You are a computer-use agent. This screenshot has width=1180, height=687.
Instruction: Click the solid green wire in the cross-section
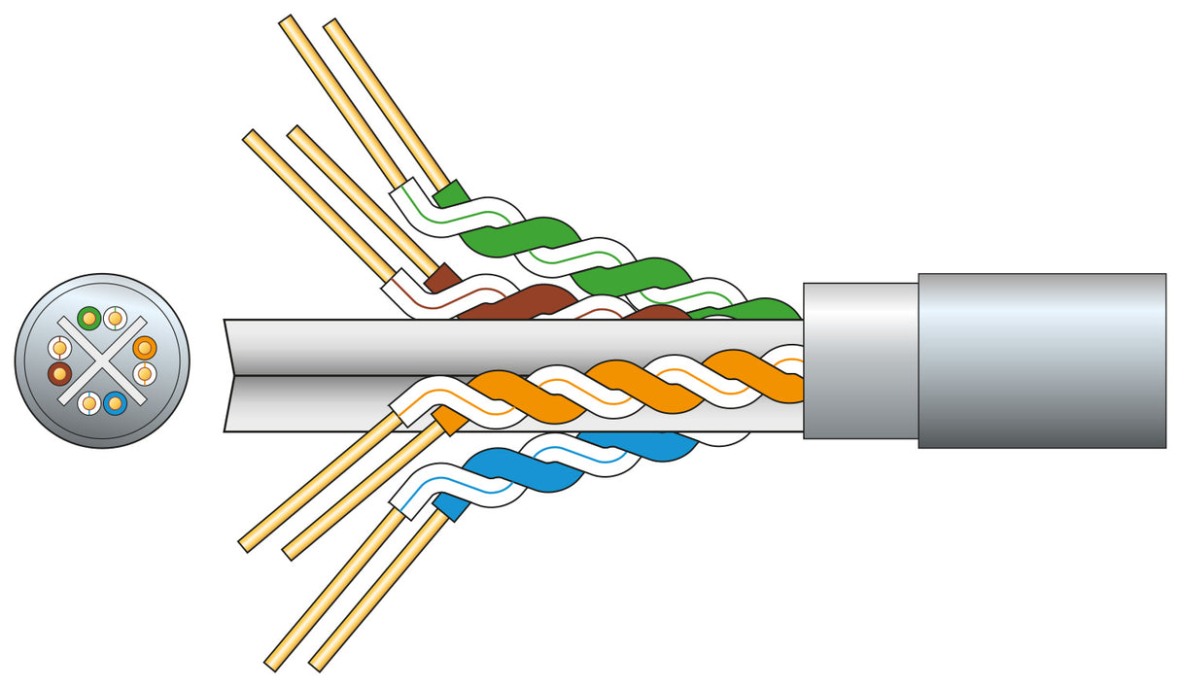click(89, 318)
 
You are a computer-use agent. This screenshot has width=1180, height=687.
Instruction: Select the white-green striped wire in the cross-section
click(115, 318)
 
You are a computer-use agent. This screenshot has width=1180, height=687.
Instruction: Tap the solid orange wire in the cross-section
click(145, 347)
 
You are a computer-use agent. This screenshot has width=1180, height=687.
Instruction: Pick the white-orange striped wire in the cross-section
click(145, 373)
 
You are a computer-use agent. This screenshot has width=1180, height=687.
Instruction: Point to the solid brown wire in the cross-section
click(59, 373)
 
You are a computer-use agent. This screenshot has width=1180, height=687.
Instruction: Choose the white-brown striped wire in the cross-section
click(59, 347)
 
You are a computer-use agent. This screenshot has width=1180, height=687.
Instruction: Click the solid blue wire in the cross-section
click(115, 402)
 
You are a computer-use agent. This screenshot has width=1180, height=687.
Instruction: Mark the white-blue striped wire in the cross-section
click(89, 402)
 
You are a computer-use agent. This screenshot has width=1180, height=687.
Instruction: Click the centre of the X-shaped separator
click(102, 361)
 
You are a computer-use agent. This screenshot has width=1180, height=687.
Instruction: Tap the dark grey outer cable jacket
click(1040, 361)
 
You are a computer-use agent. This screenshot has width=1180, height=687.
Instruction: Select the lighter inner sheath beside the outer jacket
click(860, 361)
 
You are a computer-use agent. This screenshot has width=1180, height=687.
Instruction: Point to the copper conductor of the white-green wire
click(340, 97)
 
